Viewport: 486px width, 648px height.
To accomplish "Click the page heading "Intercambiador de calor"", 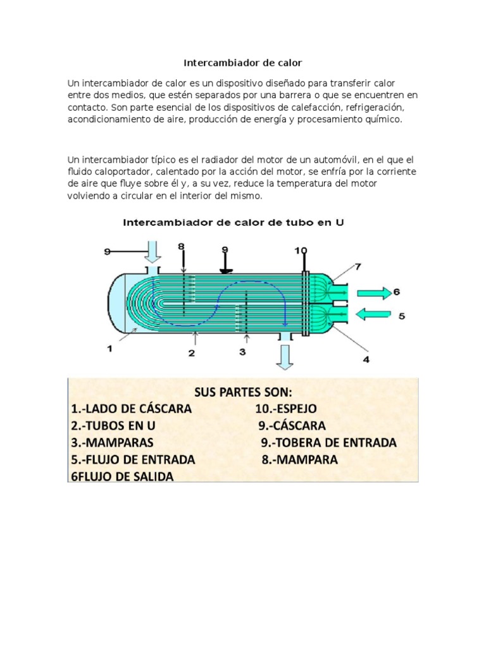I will click(243, 63).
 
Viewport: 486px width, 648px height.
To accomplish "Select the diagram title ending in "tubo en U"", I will click(234, 223).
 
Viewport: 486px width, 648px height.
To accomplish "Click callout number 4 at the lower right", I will click(366, 360).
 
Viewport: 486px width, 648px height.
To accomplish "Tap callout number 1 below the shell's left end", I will click(109, 348).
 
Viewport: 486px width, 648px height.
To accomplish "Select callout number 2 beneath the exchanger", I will click(191, 353).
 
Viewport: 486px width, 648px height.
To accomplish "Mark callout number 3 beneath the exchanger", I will click(242, 352).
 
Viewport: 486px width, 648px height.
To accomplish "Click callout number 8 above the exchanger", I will click(181, 247).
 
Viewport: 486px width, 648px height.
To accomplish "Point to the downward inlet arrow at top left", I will click(153, 252).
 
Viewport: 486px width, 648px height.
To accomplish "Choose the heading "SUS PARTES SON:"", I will click(244, 390).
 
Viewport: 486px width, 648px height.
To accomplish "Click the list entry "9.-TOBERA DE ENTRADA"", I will click(329, 442).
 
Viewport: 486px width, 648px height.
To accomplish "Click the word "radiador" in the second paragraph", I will click(182, 159).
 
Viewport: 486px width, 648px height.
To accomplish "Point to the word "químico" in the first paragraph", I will click(382, 119).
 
